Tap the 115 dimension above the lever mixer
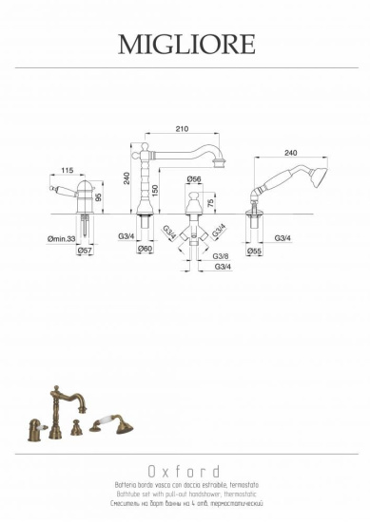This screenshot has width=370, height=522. pos(68,171)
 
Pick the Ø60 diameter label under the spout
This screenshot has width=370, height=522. pos(146,249)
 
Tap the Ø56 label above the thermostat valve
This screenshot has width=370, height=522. pos(194,179)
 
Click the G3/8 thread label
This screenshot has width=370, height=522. pos(220,256)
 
